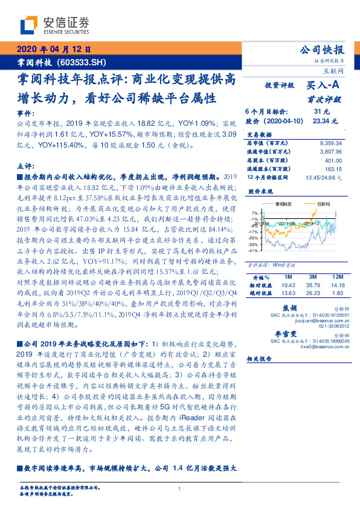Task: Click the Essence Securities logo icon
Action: point(29,24)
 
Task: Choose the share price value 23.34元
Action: point(321,120)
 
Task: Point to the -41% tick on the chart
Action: point(254,250)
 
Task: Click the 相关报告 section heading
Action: point(260,358)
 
